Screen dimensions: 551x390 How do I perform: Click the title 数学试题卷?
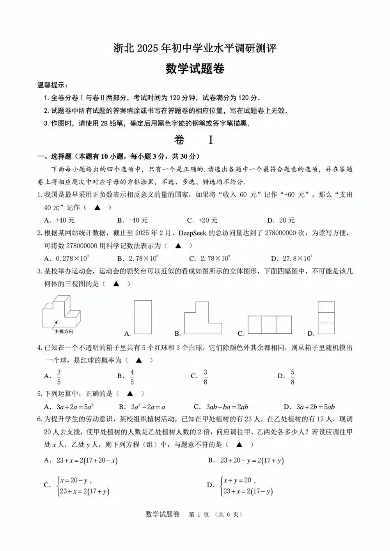pyautogui.click(x=195, y=69)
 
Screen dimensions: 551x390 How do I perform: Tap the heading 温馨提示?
pyautogui.click(x=52, y=85)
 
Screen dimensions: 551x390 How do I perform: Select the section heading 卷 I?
pyautogui.click(x=195, y=140)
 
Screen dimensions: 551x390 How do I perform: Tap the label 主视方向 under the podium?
pyautogui.click(x=64, y=331)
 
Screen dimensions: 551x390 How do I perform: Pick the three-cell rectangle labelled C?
pyautogui.click(x=269, y=325)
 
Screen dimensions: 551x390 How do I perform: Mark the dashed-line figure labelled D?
pyautogui.click(x=326, y=318)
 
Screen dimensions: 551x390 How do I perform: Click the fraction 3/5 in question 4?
pyautogui.click(x=59, y=377)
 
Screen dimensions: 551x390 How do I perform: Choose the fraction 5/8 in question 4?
pyautogui.click(x=292, y=377)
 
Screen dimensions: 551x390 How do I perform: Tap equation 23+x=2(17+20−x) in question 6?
pyautogui.click(x=87, y=461)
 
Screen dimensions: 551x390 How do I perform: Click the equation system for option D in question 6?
pyautogui.click(x=246, y=486)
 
